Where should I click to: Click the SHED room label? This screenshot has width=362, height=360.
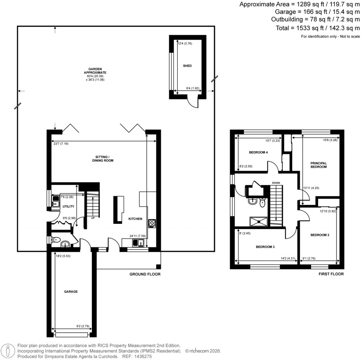tap(187, 66)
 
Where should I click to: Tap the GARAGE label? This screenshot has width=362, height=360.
tap(71, 292)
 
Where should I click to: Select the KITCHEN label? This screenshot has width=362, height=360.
tap(135, 219)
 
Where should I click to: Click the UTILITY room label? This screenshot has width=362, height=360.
tap(68, 206)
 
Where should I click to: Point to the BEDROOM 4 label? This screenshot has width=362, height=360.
tap(258, 152)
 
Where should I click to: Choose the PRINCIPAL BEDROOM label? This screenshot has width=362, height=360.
tap(319, 165)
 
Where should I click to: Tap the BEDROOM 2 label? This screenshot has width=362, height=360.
tap(320, 235)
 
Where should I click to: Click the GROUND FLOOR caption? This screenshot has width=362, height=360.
tap(145, 274)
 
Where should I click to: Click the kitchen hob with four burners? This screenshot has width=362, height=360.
tap(152, 223)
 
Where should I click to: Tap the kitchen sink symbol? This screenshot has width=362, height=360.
tap(137, 243)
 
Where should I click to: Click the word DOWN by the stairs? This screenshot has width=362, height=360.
tap(276, 183)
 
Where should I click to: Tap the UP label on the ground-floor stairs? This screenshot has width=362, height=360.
tap(93, 218)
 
